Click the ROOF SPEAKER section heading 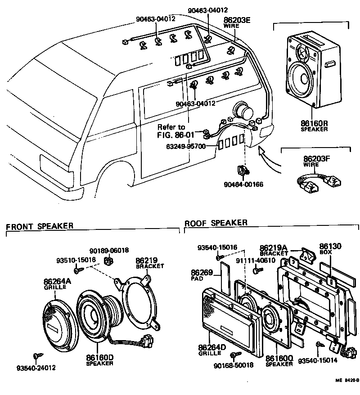[x=216, y=223]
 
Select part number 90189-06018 [x=108, y=250]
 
